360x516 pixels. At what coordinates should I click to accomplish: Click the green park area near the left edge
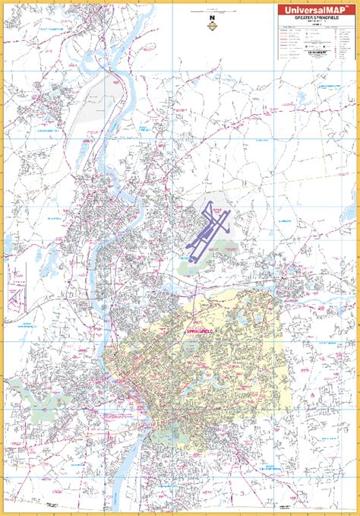46,396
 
